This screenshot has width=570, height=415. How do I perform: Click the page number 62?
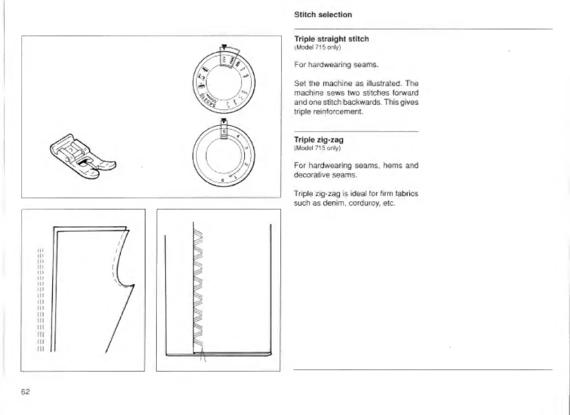pos(25,391)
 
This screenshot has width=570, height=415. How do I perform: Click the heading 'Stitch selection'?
pos(323,15)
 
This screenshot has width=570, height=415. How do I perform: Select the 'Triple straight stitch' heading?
pos(331,39)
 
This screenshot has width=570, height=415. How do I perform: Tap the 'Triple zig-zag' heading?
pos(319,140)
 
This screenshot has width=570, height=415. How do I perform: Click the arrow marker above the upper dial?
pos(224,47)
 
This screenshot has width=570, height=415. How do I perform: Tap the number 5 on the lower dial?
pos(224,132)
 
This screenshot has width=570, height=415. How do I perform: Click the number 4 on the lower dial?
pos(238,137)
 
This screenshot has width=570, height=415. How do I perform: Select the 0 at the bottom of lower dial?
pos(223,180)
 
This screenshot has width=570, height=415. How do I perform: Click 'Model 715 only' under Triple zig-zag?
pos(318,148)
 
